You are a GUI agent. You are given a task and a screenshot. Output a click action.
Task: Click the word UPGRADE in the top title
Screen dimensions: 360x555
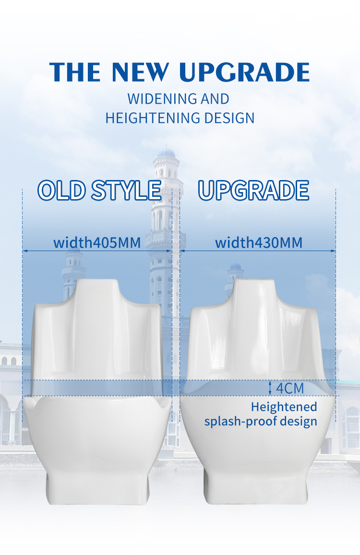coord(244,72)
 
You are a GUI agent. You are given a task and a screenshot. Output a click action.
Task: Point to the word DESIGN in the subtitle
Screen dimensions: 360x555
coord(229,118)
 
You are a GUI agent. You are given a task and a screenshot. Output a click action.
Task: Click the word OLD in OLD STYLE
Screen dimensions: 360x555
coord(62,191)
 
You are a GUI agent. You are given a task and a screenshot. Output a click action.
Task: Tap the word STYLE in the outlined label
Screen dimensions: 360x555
coord(126,191)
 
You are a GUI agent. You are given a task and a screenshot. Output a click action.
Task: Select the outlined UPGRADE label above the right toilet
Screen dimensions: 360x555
coord(253,191)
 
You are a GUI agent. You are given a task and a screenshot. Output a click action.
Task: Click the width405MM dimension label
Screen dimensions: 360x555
coord(97,243)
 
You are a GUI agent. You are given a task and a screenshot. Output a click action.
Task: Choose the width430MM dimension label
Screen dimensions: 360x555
coord(259,243)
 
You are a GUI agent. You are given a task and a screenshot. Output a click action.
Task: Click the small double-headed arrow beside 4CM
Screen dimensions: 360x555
coord(270,388)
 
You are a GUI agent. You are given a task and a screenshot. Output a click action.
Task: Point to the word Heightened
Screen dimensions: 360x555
coord(284,407)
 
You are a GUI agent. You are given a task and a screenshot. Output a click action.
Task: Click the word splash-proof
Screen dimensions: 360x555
coord(242,422)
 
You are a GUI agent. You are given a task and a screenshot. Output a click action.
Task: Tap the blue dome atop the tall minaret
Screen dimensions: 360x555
coord(166,153)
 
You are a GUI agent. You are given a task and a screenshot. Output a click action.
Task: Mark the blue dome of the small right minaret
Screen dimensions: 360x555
coord(235,266)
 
